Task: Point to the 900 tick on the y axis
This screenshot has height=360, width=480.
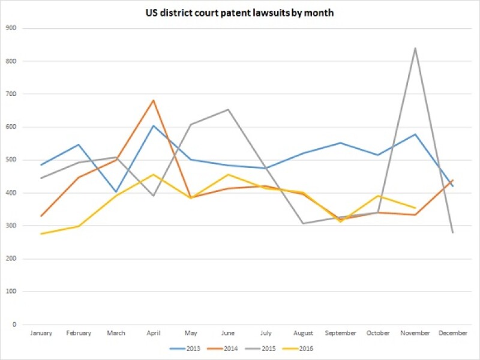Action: pyautogui.click(x=11, y=28)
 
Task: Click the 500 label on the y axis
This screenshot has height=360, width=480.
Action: pyautogui.click(x=11, y=160)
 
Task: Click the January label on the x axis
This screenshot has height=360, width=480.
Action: pyautogui.click(x=41, y=333)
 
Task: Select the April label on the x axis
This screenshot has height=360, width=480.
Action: pyautogui.click(x=153, y=333)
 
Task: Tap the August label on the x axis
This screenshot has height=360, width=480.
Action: pyautogui.click(x=303, y=333)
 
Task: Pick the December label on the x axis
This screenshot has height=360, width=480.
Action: pyautogui.click(x=452, y=333)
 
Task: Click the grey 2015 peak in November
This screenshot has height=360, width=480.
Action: pyautogui.click(x=415, y=48)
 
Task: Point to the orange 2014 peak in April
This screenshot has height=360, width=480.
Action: pyautogui.click(x=153, y=100)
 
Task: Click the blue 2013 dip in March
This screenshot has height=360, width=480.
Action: pyautogui.click(x=116, y=192)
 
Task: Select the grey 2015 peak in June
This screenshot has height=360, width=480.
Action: pyautogui.click(x=228, y=110)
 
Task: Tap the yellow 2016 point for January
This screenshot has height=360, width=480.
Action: pyautogui.click(x=41, y=234)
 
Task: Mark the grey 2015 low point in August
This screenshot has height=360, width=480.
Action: pyautogui.click(x=303, y=223)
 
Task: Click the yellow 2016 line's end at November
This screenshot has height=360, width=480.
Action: pyautogui.click(x=415, y=208)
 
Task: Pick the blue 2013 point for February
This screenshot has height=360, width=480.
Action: pyautogui.click(x=79, y=145)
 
